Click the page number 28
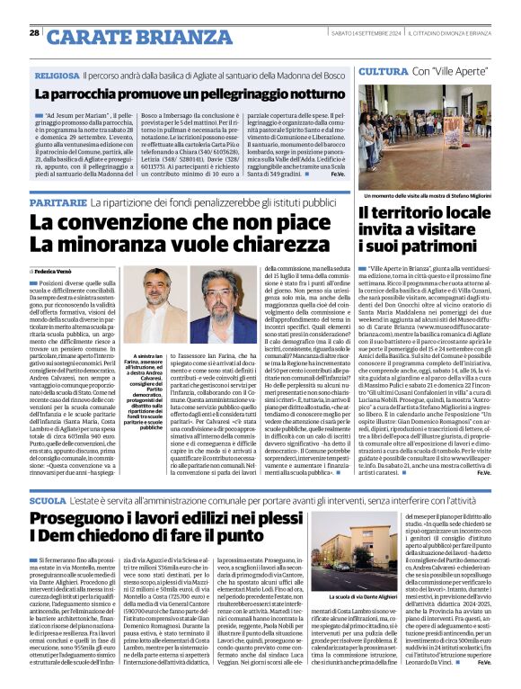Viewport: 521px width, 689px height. [34, 32]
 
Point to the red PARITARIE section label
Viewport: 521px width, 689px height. [60, 203]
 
